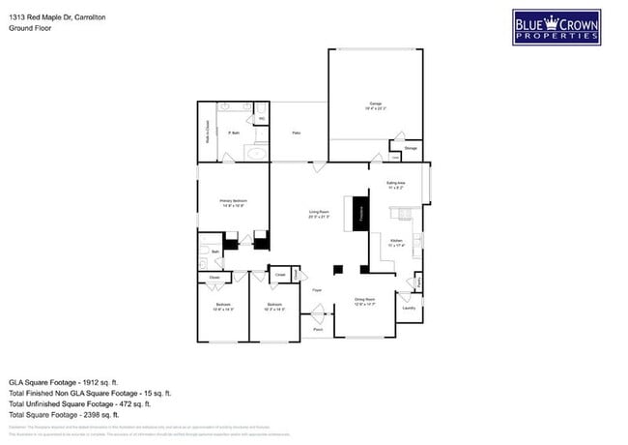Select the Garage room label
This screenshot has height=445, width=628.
(x=375, y=104)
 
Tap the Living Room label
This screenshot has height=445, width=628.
(x=320, y=214)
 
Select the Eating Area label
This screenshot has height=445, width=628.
(x=395, y=184)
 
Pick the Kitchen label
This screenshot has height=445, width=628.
(x=396, y=241)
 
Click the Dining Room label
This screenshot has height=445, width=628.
(x=364, y=302)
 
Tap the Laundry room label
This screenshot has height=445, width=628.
(x=410, y=309)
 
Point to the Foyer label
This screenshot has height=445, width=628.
(x=316, y=290)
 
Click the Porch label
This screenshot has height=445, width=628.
(x=318, y=330)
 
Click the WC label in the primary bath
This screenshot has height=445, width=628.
(x=261, y=119)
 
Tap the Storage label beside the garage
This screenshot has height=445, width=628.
(x=411, y=148)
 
